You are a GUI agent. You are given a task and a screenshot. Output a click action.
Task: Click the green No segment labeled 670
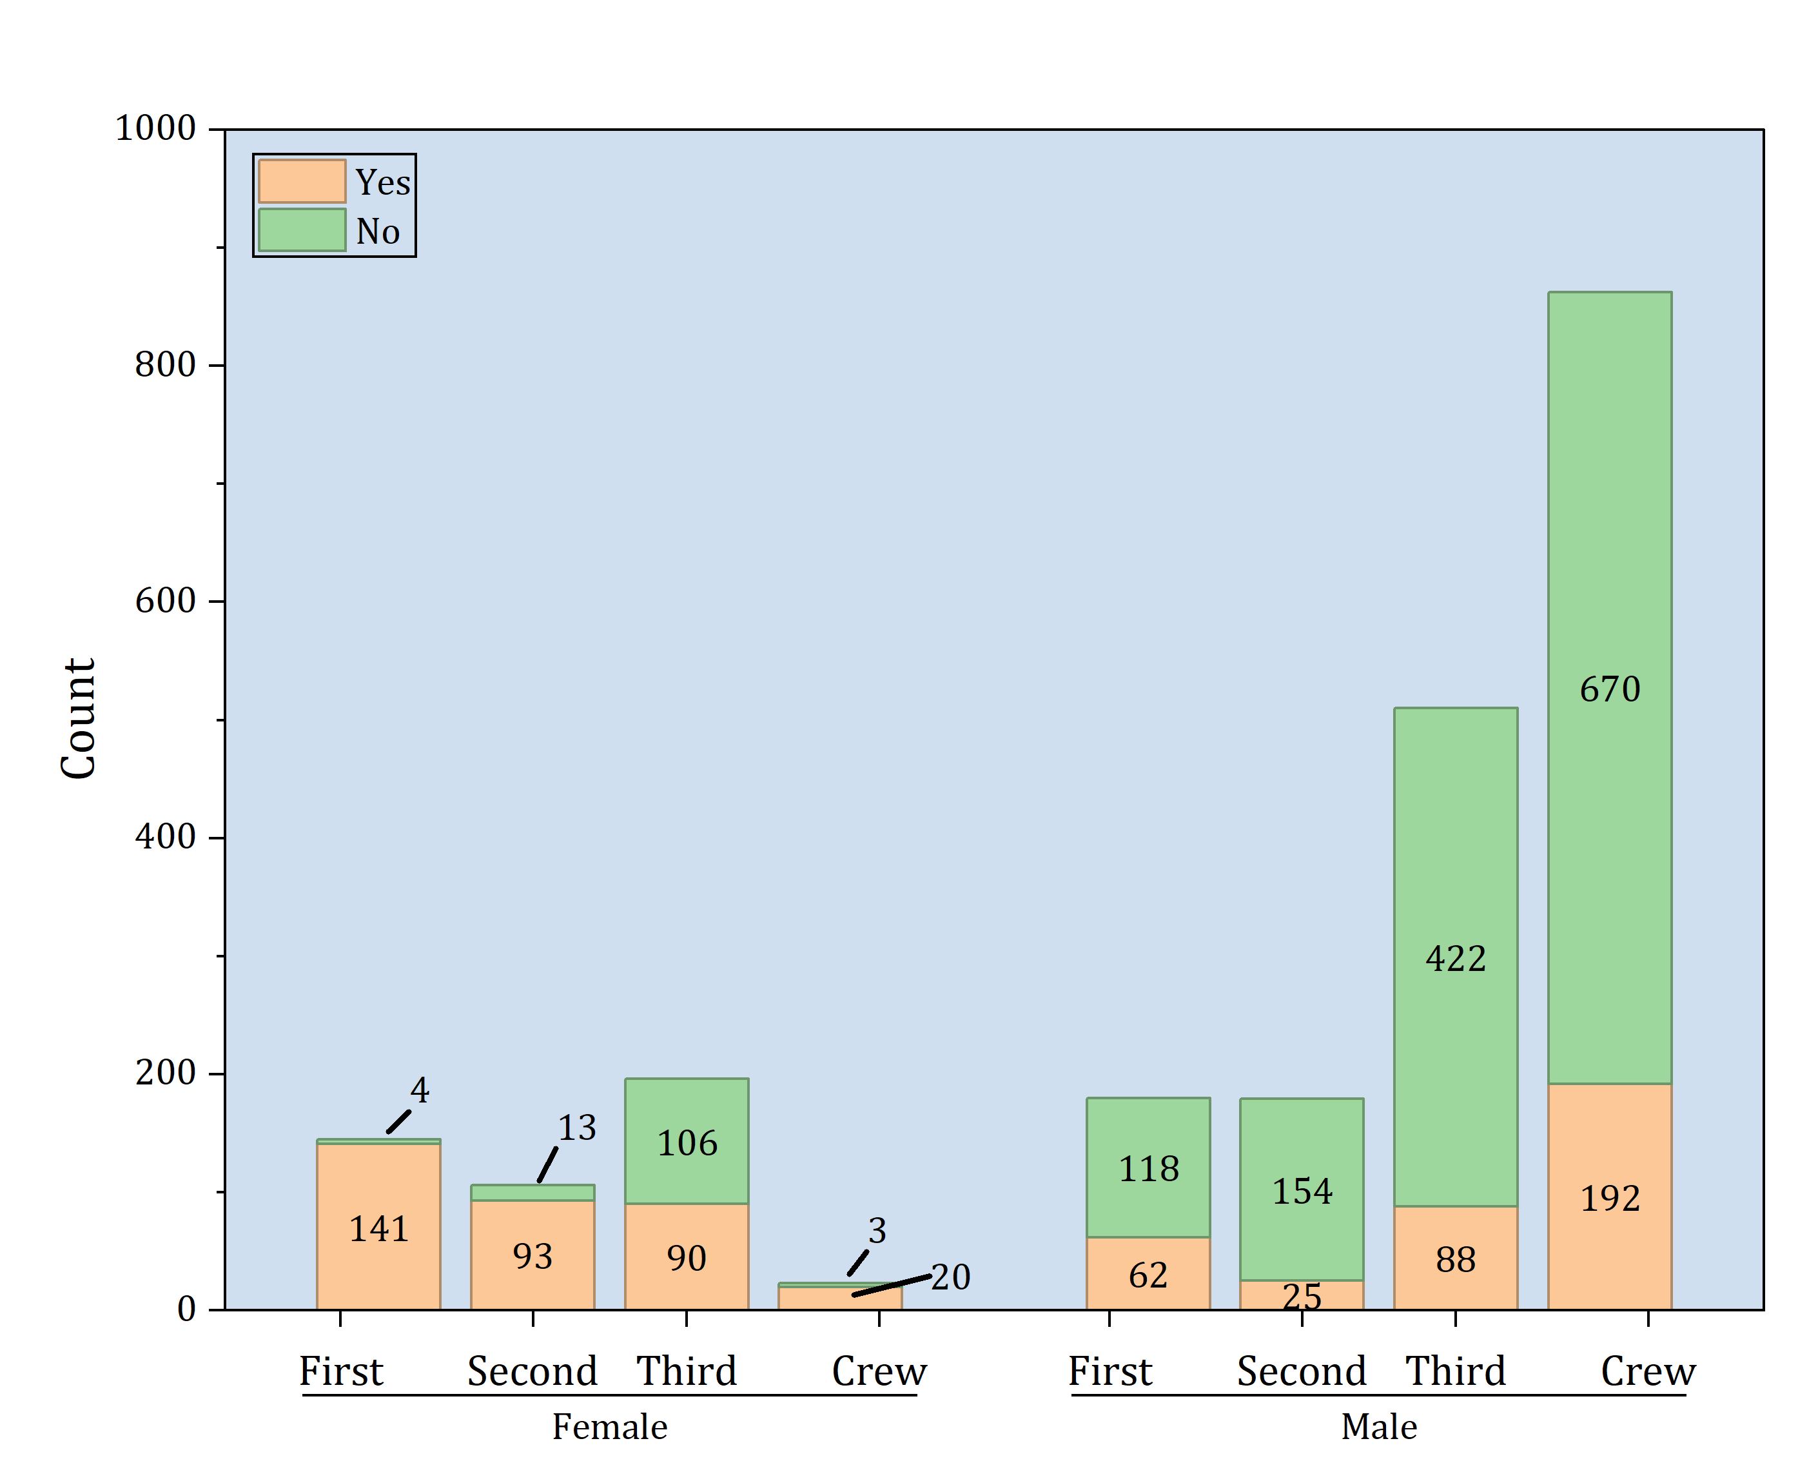(1609, 593)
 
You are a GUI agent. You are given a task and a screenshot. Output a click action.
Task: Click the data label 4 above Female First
(419, 1090)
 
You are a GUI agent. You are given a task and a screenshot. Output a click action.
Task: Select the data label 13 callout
(576, 1127)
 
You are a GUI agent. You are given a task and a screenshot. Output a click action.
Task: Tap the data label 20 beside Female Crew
(950, 1277)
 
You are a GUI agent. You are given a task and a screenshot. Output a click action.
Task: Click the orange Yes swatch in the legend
(302, 181)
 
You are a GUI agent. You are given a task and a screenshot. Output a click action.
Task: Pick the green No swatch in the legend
(302, 230)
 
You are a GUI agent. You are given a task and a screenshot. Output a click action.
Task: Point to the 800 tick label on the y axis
(165, 364)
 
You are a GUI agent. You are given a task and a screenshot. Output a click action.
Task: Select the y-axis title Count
(79, 718)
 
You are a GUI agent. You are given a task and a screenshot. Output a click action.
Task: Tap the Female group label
(610, 1427)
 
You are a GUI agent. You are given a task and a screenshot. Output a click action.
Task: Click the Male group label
(1378, 1427)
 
